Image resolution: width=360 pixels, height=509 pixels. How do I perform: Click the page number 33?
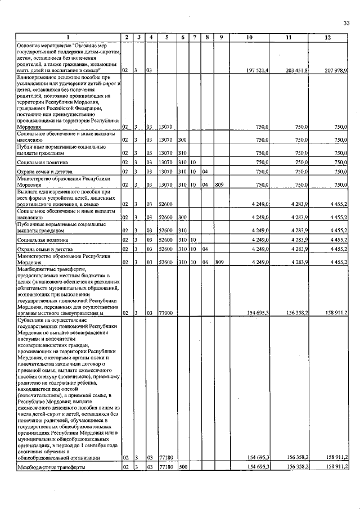(346, 23)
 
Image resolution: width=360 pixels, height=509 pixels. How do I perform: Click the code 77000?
(165, 313)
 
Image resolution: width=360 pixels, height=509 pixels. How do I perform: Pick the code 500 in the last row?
(183, 467)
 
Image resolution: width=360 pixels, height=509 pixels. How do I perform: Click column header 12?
(328, 37)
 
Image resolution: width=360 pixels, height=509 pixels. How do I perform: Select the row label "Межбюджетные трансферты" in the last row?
(51, 467)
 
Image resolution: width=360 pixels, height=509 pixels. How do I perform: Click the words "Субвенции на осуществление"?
(51, 320)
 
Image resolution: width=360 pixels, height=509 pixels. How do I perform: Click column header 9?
(222, 37)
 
